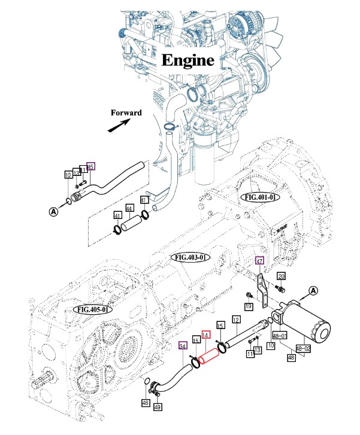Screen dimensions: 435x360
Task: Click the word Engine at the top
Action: coord(188,60)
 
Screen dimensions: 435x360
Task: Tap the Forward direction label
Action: coord(126,112)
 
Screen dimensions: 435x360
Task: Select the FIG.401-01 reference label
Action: coord(259,196)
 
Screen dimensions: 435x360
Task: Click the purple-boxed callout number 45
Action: coord(91,167)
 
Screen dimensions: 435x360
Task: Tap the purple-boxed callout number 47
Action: coord(259,261)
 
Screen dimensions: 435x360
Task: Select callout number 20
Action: coord(280,276)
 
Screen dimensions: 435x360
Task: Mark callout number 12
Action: coord(237,321)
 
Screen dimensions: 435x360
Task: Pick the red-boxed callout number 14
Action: coord(206,336)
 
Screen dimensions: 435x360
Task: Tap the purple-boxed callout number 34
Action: coord(183,345)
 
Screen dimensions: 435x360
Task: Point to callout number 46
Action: coord(145,404)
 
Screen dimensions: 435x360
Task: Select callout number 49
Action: coord(158,407)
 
